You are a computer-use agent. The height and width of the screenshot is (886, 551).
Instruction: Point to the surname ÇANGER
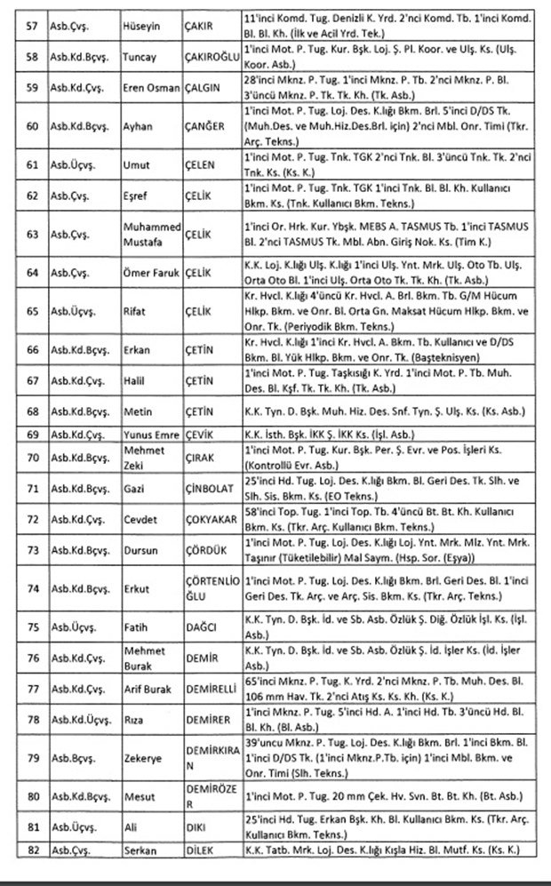tap(205, 127)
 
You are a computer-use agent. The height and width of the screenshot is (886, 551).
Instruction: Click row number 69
tap(33, 435)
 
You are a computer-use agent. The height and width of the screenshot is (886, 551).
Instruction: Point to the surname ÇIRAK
tap(201, 458)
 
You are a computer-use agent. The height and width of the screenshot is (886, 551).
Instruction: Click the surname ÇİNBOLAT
tap(210, 490)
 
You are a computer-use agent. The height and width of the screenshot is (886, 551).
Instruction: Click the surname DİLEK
tap(201, 850)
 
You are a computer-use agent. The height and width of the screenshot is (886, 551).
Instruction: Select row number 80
tap(33, 801)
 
